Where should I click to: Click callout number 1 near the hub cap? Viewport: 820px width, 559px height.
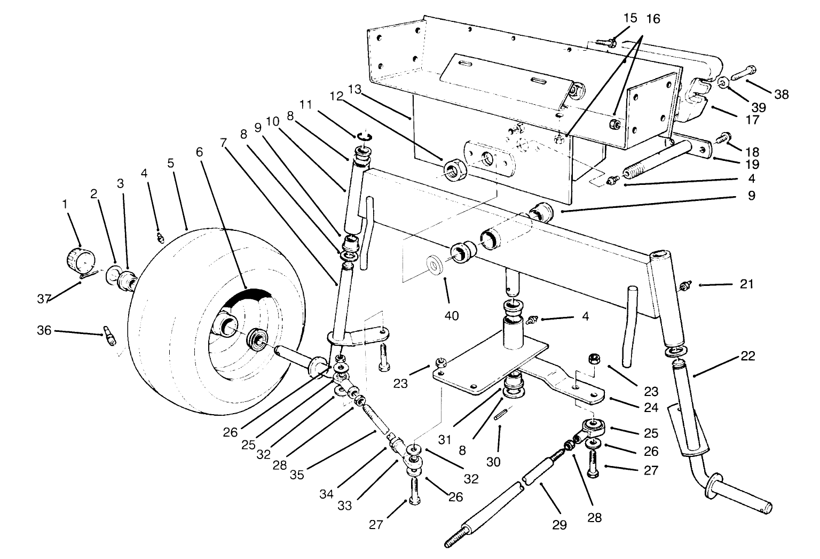(x=65, y=204)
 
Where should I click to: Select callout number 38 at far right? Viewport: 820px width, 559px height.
(x=782, y=95)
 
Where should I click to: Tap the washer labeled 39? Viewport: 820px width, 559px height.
(x=723, y=83)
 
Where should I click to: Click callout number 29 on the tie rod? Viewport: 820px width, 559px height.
(x=558, y=525)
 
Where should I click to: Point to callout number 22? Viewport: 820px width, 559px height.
(x=748, y=356)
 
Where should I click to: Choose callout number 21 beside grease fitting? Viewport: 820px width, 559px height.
(x=746, y=284)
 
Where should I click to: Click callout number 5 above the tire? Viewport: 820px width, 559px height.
(x=171, y=163)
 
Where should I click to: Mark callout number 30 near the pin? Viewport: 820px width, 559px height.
(x=493, y=461)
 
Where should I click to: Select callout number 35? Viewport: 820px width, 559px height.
(x=297, y=474)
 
